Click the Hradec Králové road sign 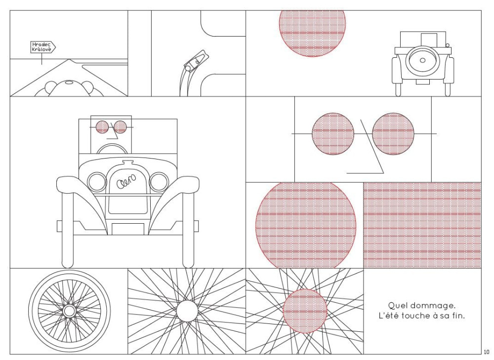coord(43,47)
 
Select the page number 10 coord(487,352)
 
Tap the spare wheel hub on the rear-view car coord(422,60)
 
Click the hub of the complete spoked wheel coord(69,311)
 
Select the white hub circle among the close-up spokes coord(187,311)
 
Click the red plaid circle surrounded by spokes coord(305,311)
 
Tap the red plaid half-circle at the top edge coord(312,34)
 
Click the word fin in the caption coord(458,316)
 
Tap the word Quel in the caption coord(395,305)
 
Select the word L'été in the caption coord(388,316)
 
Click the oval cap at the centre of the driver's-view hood coord(69,82)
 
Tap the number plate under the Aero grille coord(128,229)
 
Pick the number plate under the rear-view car coord(422,82)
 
